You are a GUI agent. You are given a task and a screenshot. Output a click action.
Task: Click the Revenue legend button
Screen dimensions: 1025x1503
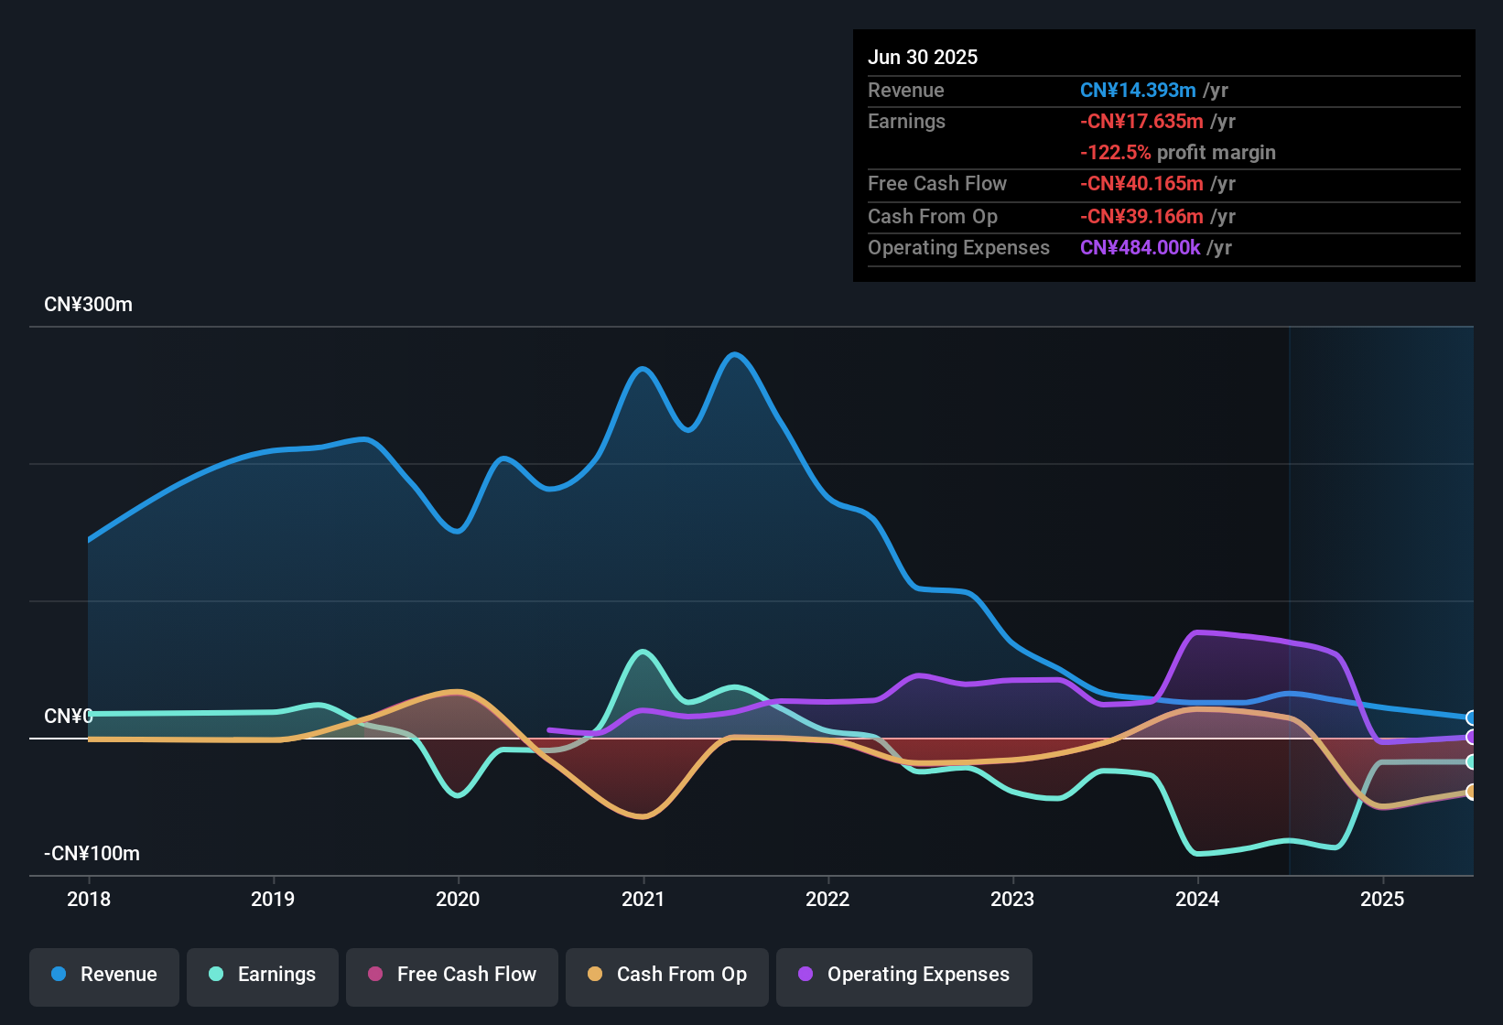point(104,975)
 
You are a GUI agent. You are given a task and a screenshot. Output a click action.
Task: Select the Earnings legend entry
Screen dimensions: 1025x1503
point(263,975)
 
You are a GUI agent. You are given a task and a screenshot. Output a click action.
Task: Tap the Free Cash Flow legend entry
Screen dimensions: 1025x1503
point(452,975)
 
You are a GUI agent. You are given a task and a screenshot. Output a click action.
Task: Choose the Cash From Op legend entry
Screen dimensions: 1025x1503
point(667,975)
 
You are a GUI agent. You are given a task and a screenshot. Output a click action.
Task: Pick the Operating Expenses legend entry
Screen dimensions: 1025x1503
point(904,975)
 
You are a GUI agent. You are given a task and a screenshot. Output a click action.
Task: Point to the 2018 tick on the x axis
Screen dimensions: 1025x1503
point(89,899)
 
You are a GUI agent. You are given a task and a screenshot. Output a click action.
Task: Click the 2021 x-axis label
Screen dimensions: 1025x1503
point(643,899)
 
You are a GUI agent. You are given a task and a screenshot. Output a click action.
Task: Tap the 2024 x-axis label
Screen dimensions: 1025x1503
point(1197,899)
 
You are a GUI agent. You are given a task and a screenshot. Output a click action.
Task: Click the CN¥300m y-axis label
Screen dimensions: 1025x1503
point(88,305)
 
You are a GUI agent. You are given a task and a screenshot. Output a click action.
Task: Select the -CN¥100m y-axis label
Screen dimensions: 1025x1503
point(92,854)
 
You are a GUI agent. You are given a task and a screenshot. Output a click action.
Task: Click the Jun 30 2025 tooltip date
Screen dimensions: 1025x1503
point(923,57)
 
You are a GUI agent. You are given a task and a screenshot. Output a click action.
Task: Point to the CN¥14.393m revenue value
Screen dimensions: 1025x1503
point(1138,91)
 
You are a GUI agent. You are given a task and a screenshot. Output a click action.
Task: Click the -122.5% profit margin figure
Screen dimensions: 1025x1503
point(1115,153)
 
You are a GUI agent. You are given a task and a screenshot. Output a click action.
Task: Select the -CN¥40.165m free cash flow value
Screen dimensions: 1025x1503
point(1141,184)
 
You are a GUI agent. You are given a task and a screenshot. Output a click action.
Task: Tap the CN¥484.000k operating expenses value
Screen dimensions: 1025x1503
point(1140,248)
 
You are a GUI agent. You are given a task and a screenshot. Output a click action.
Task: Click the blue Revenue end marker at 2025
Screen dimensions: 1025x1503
point(1471,717)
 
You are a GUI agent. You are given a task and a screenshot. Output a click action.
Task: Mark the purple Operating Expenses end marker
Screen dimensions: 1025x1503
point(1471,737)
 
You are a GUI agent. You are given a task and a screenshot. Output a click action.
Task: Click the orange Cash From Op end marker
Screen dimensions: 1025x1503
point(1471,792)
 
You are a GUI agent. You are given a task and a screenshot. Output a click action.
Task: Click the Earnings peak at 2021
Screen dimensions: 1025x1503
point(643,652)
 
